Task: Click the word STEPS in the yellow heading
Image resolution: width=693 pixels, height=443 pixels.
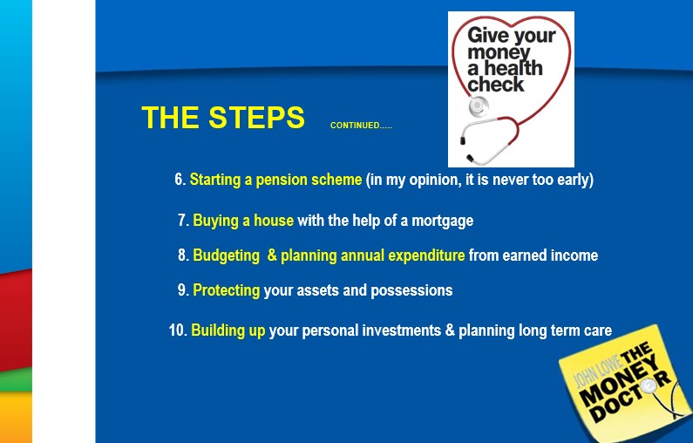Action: click(x=256, y=118)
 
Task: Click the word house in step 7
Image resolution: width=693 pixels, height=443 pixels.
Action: click(x=273, y=220)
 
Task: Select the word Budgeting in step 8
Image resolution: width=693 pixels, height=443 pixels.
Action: click(x=227, y=256)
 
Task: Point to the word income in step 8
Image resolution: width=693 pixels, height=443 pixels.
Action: click(x=577, y=256)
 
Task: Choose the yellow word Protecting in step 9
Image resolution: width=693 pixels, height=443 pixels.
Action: click(x=227, y=290)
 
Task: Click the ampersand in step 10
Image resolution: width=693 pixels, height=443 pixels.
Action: click(x=450, y=331)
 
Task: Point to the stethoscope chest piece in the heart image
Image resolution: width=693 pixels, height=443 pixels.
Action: click(x=478, y=106)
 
